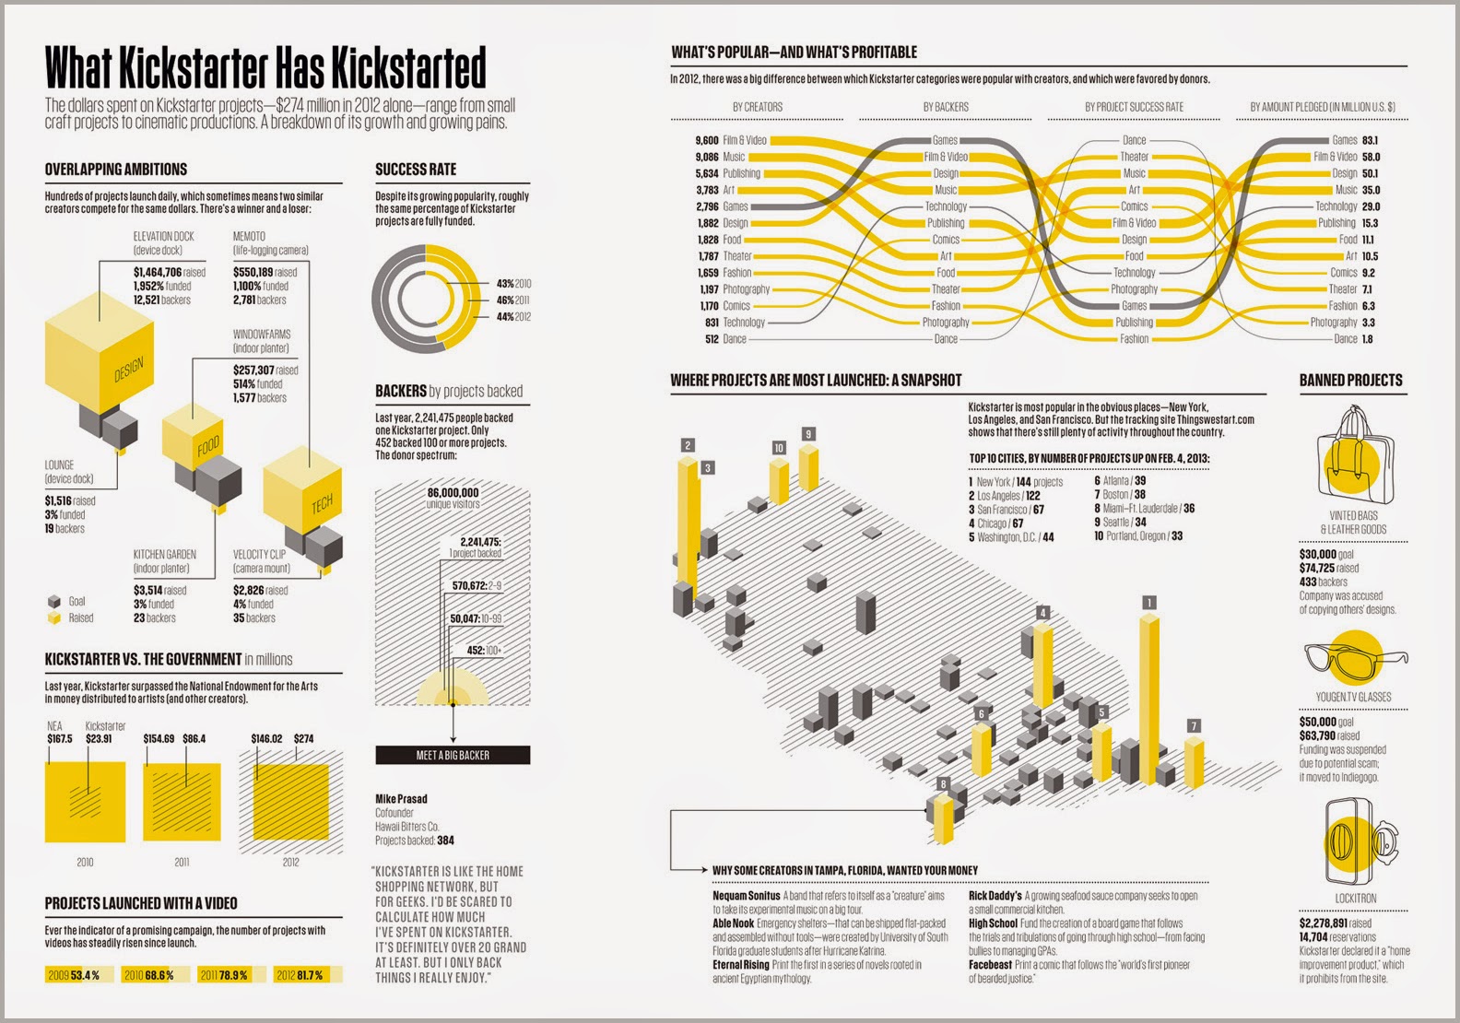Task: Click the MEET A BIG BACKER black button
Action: [453, 755]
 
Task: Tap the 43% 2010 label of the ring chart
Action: [513, 284]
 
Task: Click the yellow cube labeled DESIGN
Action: [99, 352]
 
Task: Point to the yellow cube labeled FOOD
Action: [193, 435]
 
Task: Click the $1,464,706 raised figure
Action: [170, 273]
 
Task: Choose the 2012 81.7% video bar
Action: [308, 975]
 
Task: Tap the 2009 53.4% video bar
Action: [79, 975]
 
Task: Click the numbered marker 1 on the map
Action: [1149, 603]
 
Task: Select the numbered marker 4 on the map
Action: [1042, 613]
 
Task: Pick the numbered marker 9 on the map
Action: [808, 434]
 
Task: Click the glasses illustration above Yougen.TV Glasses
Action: [1356, 659]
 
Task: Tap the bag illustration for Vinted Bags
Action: [1354, 455]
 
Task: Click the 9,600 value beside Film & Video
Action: [707, 140]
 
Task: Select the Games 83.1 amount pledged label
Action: [1355, 140]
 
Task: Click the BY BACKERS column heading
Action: [946, 107]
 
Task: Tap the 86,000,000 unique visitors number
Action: [453, 492]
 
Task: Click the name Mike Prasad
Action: [402, 799]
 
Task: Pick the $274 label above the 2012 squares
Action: [304, 738]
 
